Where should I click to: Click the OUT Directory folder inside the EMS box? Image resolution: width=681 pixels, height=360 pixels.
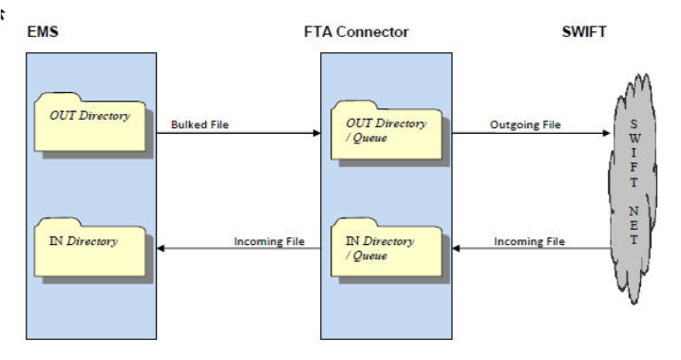click(x=90, y=121)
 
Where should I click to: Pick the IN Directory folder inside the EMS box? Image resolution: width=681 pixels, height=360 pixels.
click(x=90, y=245)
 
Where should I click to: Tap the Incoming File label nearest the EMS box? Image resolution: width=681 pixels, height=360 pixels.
click(x=269, y=241)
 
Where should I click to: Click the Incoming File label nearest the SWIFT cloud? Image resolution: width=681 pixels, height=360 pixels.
click(x=529, y=241)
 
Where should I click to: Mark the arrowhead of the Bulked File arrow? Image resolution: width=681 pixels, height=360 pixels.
click(x=315, y=134)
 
